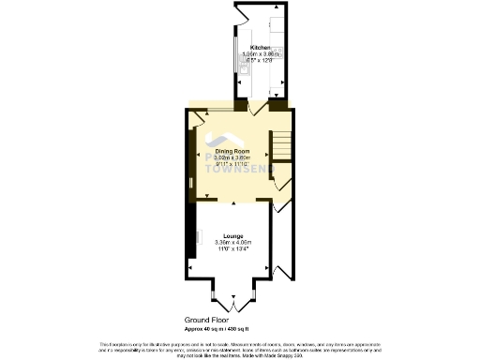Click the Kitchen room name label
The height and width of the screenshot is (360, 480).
pyautogui.click(x=260, y=47)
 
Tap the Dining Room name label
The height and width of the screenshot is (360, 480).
pyautogui.click(x=232, y=150)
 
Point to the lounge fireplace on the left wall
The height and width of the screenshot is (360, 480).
pyautogui.click(x=192, y=234)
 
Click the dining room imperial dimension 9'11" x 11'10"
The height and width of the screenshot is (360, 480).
pyautogui.click(x=232, y=165)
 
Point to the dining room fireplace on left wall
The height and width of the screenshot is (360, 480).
pyautogui.click(x=191, y=155)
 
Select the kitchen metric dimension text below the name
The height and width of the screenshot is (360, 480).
pyautogui.click(x=260, y=54)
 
